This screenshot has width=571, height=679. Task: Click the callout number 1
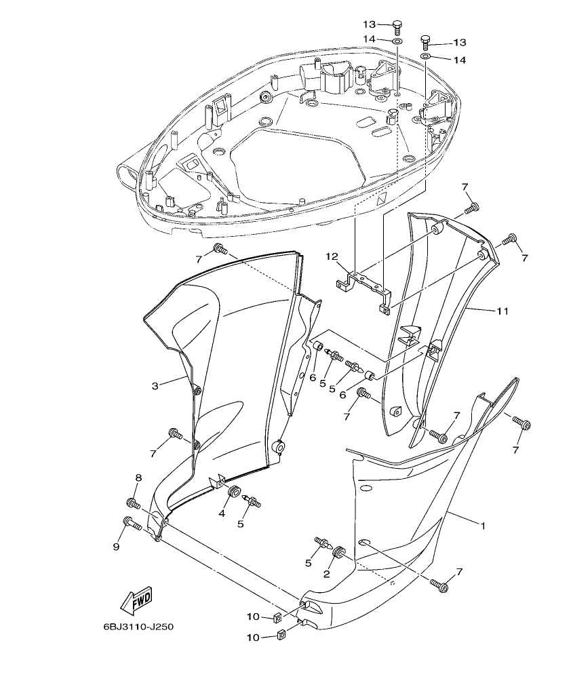pyautogui.click(x=483, y=526)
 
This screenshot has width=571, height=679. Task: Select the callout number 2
pyautogui.click(x=326, y=574)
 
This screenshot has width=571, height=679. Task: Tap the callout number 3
pyautogui.click(x=155, y=386)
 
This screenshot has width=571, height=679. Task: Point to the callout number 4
pyautogui.click(x=222, y=513)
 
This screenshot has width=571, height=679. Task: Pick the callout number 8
pyautogui.click(x=138, y=478)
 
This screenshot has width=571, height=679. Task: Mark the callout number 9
pyautogui.click(x=116, y=546)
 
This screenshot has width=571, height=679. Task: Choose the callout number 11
pyautogui.click(x=502, y=311)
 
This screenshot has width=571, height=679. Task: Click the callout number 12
pyautogui.click(x=331, y=256)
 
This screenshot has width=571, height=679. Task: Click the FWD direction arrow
pyautogui.click(x=136, y=600)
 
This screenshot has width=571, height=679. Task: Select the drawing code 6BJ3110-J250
pyautogui.click(x=138, y=627)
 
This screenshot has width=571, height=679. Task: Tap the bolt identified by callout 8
pyautogui.click(x=132, y=503)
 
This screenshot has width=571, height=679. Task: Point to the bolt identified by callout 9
pyautogui.click(x=131, y=523)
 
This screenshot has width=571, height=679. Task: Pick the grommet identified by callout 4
pyautogui.click(x=234, y=492)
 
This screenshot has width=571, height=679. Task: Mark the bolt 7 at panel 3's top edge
pyautogui.click(x=220, y=248)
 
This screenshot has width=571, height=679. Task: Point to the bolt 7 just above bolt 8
pyautogui.click(x=174, y=433)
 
